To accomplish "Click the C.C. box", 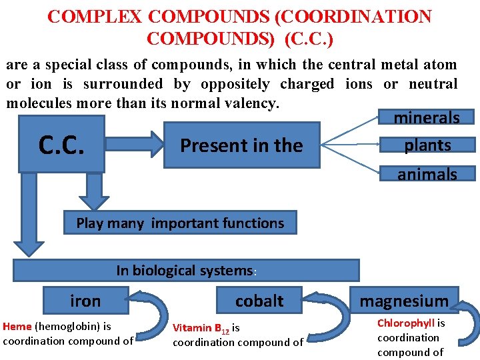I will click(x=61, y=144).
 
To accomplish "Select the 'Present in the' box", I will click(x=241, y=145).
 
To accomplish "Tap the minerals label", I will click(x=427, y=118).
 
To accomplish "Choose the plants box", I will click(x=427, y=145).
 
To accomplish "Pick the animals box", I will click(x=427, y=174).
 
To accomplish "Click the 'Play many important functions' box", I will click(x=180, y=223).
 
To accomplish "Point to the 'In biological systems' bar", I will click(x=186, y=270).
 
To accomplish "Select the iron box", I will click(x=85, y=301).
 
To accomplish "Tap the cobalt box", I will click(x=259, y=301).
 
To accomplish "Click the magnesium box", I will click(x=404, y=301).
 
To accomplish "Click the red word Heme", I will click(x=17, y=327).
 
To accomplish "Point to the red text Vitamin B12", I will click(x=201, y=328).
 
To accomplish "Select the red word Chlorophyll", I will click(x=406, y=323).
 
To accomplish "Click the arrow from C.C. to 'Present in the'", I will click(x=134, y=145).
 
